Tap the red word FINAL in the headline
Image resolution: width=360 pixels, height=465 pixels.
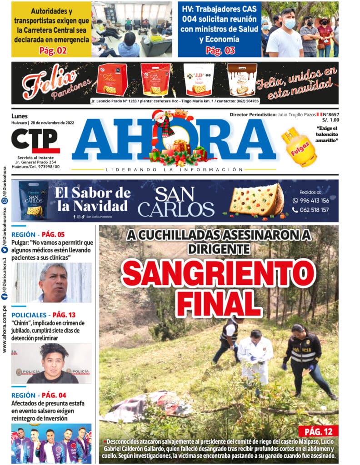pos(218,302)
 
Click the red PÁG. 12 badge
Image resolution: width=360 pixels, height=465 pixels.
pos(318,431)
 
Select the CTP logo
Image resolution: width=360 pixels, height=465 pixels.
pos(35,141)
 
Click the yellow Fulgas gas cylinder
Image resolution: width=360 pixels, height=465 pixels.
pos(299,146)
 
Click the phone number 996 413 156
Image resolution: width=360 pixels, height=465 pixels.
pos(314,200)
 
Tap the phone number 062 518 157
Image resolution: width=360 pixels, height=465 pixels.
pos(314,210)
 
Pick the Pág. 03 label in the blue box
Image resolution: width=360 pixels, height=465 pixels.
pos(220,50)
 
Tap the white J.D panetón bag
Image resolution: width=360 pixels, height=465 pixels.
pos(199,79)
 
